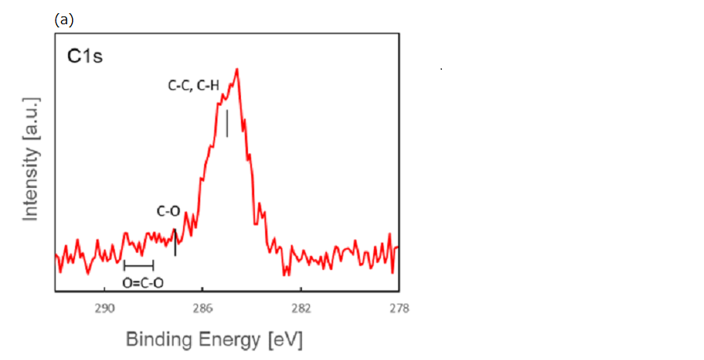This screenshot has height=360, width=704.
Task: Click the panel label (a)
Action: click(x=64, y=20)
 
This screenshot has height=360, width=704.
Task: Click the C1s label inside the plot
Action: click(x=84, y=57)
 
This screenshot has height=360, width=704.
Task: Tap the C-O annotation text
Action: click(x=168, y=211)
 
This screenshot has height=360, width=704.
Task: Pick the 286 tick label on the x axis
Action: click(x=202, y=308)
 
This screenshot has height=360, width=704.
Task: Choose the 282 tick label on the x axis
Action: click(x=300, y=308)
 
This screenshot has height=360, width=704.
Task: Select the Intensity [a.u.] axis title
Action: click(x=31, y=159)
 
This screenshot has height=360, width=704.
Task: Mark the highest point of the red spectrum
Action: click(x=236, y=69)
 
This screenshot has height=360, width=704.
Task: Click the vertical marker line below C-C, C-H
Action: click(x=227, y=124)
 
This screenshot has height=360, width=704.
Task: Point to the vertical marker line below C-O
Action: click(x=175, y=242)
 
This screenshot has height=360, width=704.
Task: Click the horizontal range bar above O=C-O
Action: click(x=138, y=265)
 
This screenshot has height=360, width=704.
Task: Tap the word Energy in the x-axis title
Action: click(x=233, y=340)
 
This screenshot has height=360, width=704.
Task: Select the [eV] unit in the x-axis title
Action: click(x=285, y=340)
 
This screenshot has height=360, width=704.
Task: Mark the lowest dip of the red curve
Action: click(x=286, y=275)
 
